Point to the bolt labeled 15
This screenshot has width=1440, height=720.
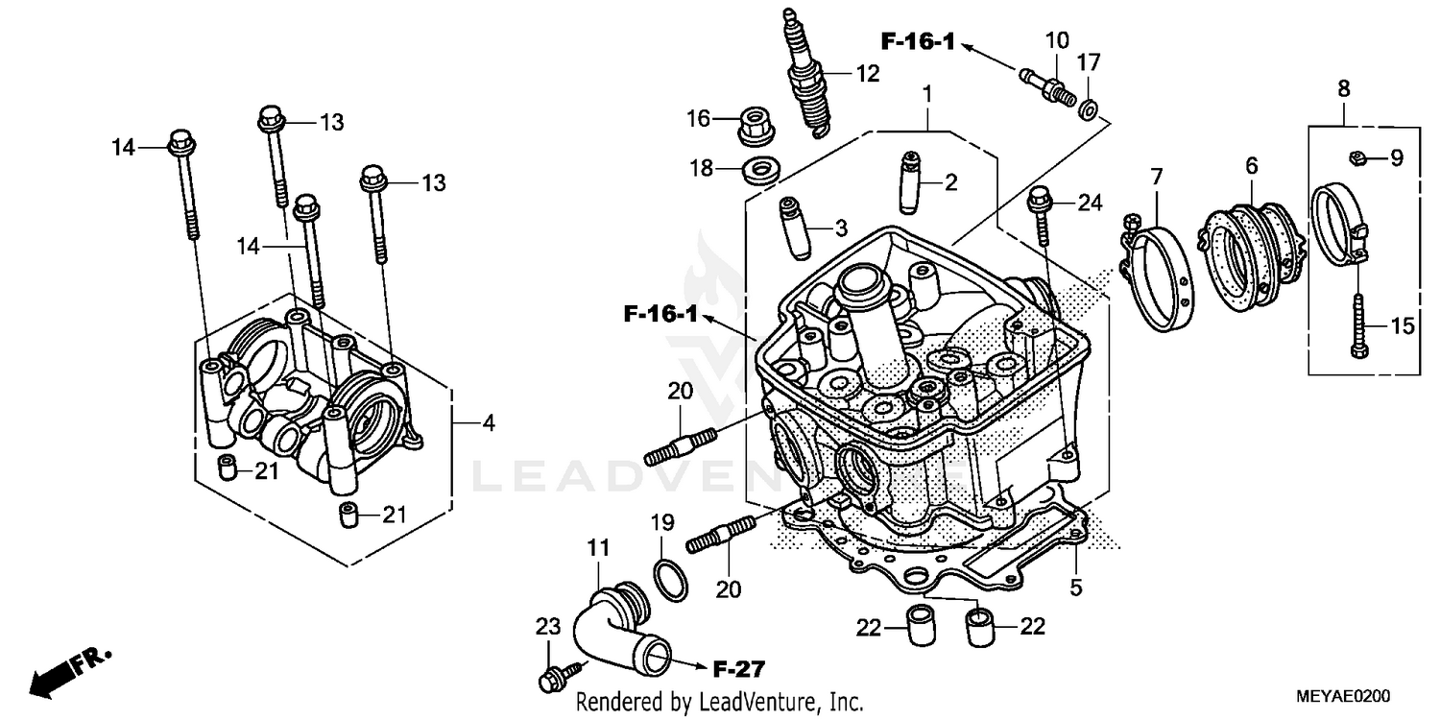[1359, 326]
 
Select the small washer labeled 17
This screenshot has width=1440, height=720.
[1089, 109]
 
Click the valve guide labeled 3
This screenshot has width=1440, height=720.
[796, 228]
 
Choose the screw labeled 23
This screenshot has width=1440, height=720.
[556, 675]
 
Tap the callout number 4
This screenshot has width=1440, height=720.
[489, 422]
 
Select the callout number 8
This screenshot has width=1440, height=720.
[1343, 89]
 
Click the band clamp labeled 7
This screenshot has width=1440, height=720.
[1162, 274]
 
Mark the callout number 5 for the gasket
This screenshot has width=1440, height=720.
[1076, 585]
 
